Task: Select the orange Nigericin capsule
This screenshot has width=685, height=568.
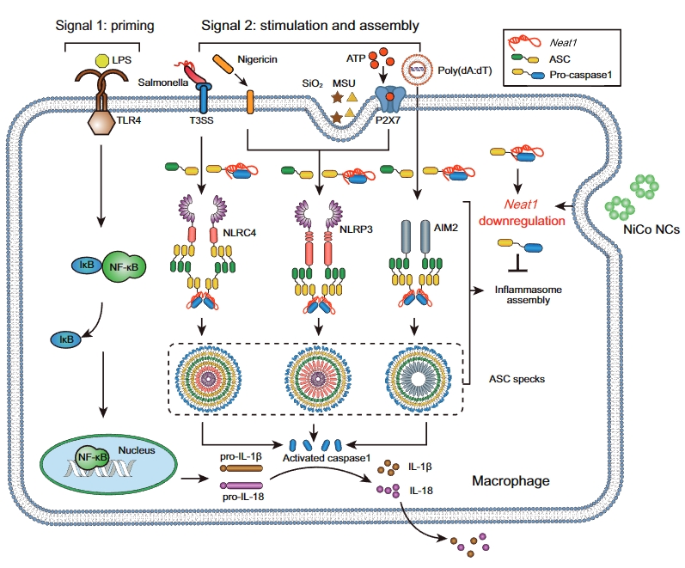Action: (x=221, y=66)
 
